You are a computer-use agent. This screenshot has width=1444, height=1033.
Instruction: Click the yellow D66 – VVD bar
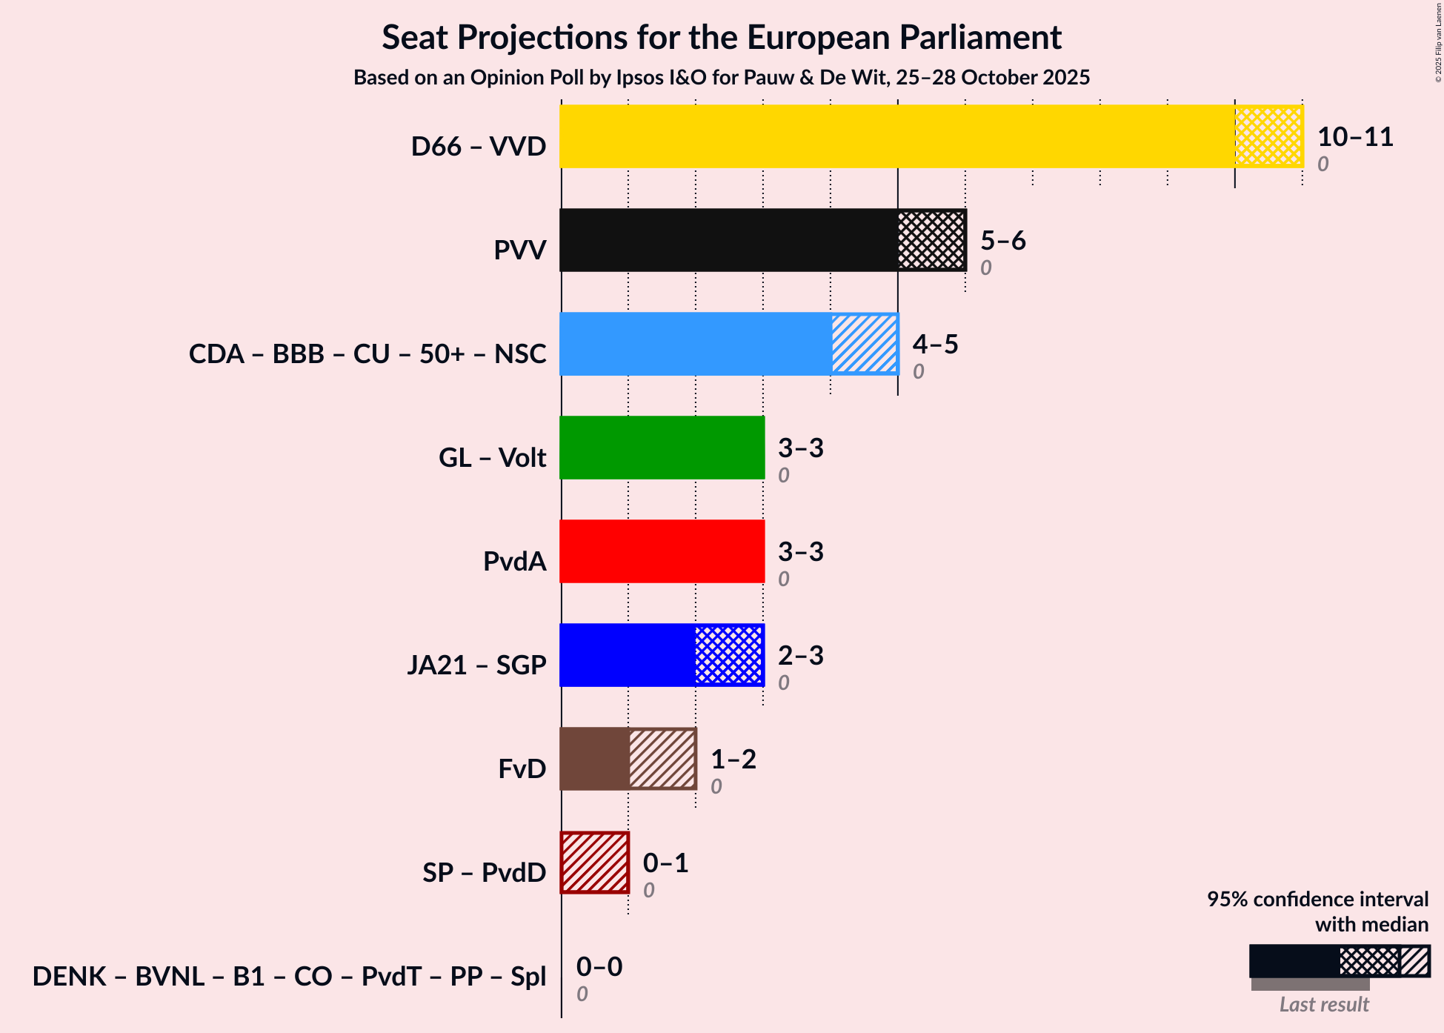coord(896,136)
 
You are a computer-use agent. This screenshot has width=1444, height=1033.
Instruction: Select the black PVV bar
coord(728,240)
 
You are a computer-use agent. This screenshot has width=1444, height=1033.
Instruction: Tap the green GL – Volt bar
coord(662,448)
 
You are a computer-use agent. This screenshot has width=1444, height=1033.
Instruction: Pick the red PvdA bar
coord(662,551)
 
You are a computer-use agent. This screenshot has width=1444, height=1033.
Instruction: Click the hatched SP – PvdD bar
coord(595,863)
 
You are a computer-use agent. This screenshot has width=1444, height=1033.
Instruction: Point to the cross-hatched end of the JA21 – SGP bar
coord(729,655)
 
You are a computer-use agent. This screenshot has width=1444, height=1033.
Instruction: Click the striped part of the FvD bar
coord(662,759)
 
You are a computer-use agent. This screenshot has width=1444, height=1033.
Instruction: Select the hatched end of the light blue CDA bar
coord(864,344)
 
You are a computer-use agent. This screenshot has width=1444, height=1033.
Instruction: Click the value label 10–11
coord(1355,137)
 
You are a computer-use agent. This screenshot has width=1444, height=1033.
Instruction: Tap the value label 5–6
coord(1002,241)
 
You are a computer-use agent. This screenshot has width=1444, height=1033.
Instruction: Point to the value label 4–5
coord(935,345)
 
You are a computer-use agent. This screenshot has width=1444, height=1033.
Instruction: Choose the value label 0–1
coord(665,863)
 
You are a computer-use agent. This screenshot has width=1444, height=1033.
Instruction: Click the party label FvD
coord(522,768)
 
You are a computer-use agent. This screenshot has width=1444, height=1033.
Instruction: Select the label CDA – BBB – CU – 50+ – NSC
coord(367,353)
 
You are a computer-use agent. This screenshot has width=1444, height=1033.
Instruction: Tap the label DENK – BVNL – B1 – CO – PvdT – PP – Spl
coord(289,976)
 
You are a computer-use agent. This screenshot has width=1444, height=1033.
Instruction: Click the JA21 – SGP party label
coord(476,665)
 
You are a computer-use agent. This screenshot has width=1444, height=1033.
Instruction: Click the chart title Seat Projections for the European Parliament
coord(722,37)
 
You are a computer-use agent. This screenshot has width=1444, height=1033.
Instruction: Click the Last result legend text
coord(1324,1004)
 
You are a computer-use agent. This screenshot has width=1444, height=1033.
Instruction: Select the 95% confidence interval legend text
coord(1317,899)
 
